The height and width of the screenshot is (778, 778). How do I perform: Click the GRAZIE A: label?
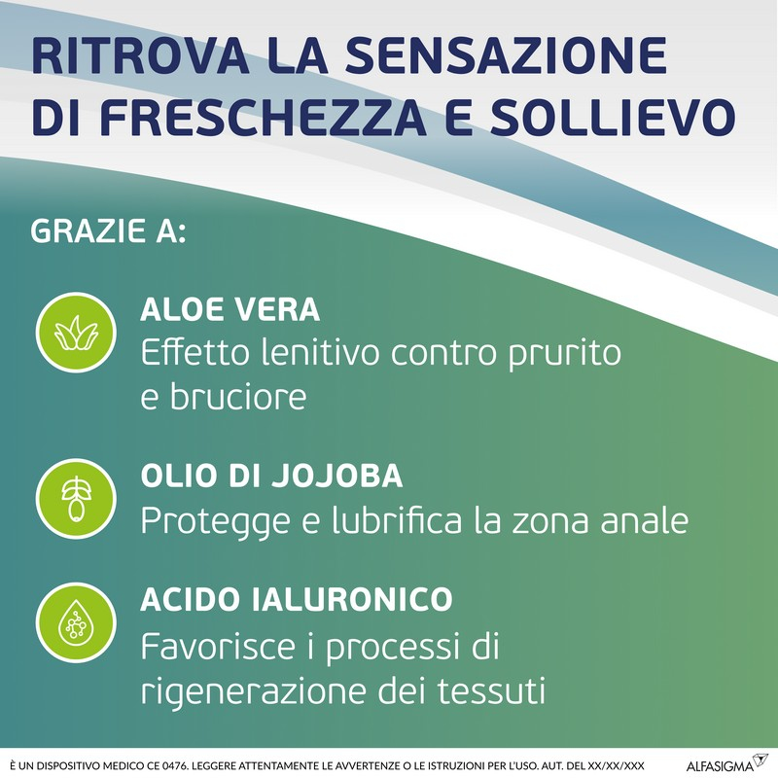coord(108,235)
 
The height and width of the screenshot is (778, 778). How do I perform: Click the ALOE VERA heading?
coord(230,310)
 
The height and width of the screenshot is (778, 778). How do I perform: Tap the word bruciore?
coord(249,397)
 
